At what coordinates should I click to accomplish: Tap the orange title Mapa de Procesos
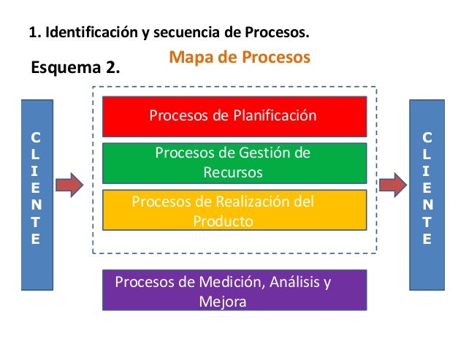click(240, 57)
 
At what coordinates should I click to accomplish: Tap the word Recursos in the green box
click(233, 172)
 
